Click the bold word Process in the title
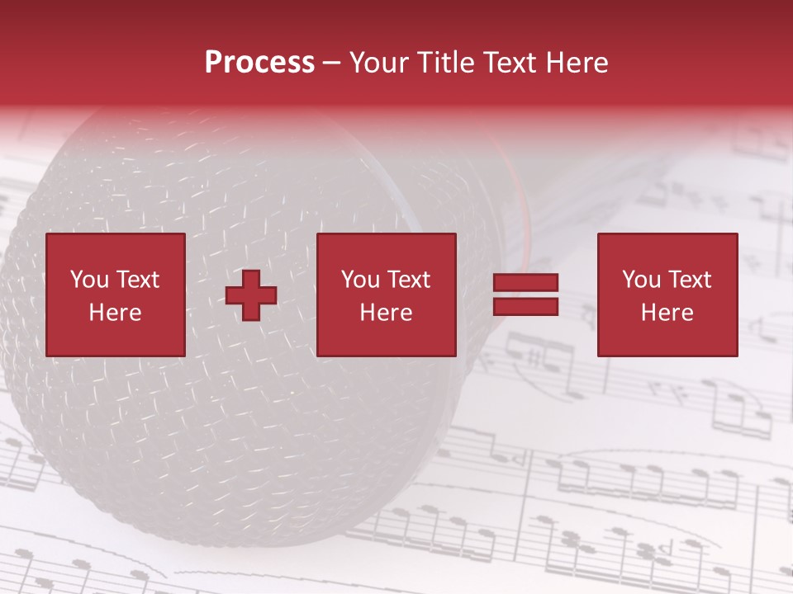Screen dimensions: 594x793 point(259,63)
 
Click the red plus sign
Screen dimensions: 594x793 point(251,295)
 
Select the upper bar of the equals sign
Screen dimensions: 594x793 point(525,283)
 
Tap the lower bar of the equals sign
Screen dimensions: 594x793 point(525,307)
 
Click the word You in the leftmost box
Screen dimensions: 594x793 point(89,280)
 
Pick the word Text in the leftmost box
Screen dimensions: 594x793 point(136,280)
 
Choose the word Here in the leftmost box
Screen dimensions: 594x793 point(115,313)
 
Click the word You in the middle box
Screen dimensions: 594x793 point(360,280)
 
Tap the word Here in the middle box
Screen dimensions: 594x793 point(386,313)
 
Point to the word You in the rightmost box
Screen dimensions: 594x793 point(641,280)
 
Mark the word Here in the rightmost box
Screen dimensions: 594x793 point(667,313)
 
